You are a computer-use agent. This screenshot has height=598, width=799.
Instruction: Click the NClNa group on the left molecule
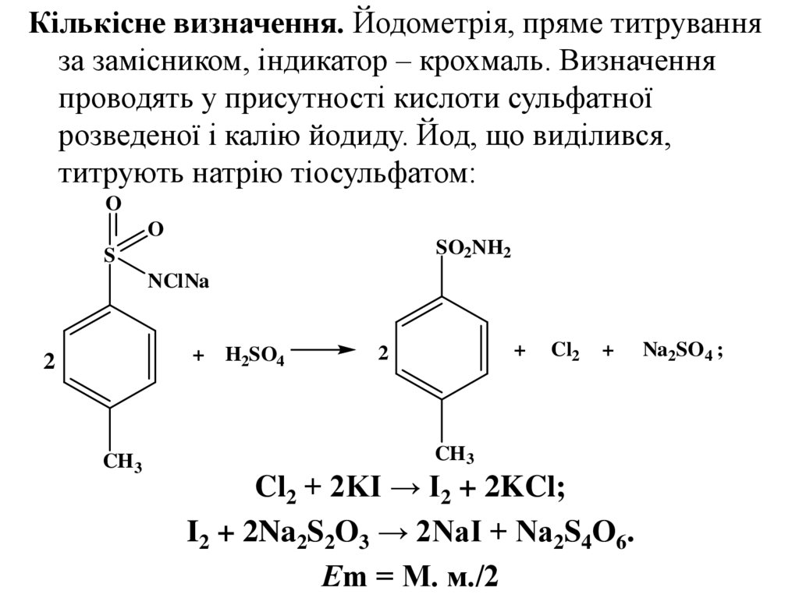click(179, 281)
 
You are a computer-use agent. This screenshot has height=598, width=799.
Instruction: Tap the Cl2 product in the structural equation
click(565, 352)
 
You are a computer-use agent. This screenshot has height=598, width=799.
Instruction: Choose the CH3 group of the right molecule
click(455, 454)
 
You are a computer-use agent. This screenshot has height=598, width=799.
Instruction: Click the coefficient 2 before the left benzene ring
click(49, 363)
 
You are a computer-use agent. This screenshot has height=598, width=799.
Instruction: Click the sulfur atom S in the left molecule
click(110, 255)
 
